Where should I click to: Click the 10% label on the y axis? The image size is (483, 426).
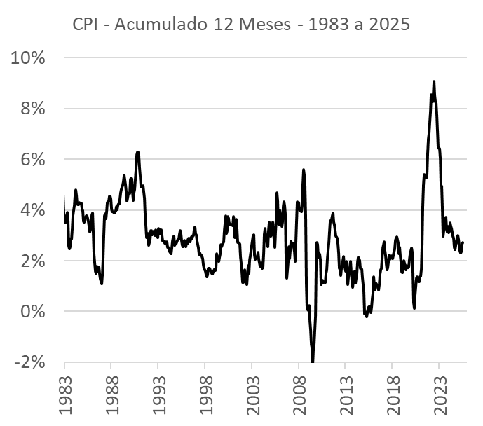point(28,58)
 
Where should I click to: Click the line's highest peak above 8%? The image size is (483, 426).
point(434,81)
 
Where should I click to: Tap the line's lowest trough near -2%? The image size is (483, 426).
point(313,362)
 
